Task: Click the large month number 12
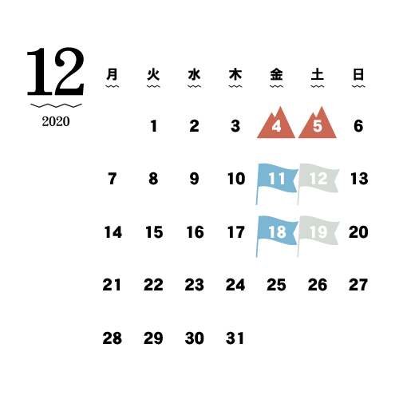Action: tap(56, 71)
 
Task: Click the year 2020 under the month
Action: tap(56, 121)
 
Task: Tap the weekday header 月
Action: tap(112, 74)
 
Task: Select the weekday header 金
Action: tap(276, 74)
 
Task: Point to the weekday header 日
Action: tap(358, 74)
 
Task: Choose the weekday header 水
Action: tap(194, 74)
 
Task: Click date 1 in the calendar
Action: tap(153, 126)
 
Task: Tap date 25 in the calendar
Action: tap(276, 285)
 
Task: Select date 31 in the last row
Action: tap(235, 338)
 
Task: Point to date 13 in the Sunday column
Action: tap(359, 179)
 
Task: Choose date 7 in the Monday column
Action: tap(113, 179)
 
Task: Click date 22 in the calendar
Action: tap(153, 285)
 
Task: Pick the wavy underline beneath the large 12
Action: tap(56, 105)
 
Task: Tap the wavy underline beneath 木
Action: tap(235, 86)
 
